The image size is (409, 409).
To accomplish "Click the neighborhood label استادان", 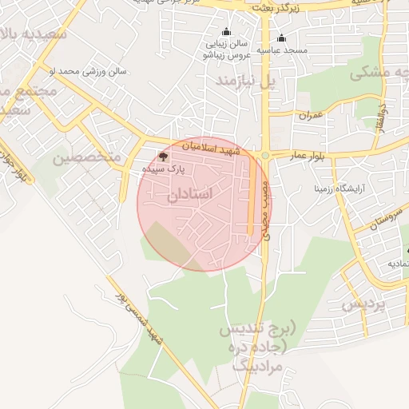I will coord(189,194).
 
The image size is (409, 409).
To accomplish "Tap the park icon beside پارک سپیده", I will coord(164,157).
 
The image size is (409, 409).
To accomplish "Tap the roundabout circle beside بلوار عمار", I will coord(265,155).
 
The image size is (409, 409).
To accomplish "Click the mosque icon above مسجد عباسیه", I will coord(280,38).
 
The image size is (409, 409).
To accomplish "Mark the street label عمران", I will coord(310,115).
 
